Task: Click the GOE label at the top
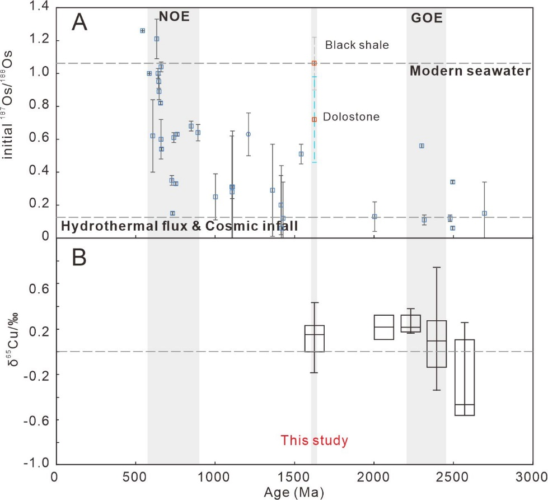[425, 18]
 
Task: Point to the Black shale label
[357, 45]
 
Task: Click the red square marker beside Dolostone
[315, 119]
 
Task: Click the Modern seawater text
[470, 72]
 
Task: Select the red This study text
[315, 440]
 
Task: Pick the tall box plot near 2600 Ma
[465, 377]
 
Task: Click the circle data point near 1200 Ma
[249, 134]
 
